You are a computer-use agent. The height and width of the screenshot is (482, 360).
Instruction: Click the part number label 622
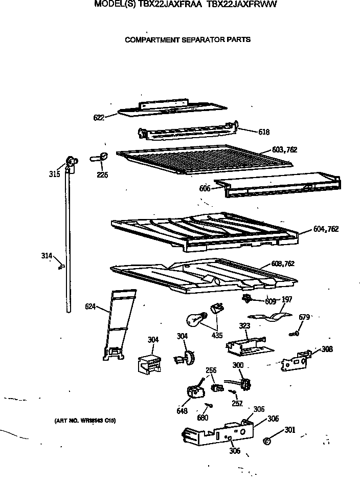coord(99,118)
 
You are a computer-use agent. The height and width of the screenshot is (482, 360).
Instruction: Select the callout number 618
coord(264,132)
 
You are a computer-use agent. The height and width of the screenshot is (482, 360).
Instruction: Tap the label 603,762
coord(284,150)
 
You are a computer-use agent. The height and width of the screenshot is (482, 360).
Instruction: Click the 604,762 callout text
coord(325,229)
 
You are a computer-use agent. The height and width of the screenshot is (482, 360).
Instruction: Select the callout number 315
coord(54,174)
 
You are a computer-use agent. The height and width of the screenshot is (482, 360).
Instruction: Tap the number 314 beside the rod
coord(47,255)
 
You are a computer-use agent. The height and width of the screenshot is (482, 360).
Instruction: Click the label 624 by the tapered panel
coord(91,307)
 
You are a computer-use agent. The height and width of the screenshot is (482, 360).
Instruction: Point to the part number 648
coord(182,410)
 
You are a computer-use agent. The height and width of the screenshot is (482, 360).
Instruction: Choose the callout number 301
coord(290,430)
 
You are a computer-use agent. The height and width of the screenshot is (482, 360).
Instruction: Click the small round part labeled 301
coord(266,441)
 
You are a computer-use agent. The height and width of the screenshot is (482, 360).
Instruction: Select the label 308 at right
coord(327,349)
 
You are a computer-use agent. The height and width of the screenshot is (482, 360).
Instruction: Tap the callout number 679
coord(304,317)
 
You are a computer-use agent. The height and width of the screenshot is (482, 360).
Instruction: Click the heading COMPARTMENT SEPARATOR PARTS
coord(188,39)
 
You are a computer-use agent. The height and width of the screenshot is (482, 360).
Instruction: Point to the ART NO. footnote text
coord(85,421)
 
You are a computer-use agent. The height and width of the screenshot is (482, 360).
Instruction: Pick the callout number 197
coord(286,299)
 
